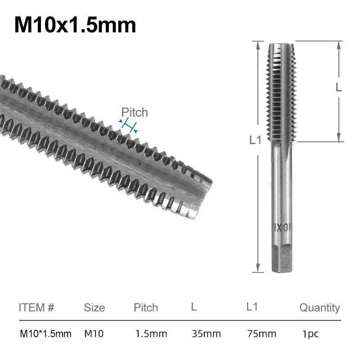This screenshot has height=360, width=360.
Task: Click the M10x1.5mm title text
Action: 75,25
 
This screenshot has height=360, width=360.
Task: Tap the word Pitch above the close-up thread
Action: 135,112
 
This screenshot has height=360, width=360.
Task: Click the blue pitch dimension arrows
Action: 128,126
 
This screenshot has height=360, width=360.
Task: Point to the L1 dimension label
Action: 255,140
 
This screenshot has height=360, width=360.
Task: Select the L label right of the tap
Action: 339,87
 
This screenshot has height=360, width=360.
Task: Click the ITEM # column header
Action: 36,308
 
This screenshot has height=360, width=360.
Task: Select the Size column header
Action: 94,308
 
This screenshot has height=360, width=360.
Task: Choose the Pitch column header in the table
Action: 146,308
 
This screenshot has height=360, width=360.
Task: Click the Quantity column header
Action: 319,308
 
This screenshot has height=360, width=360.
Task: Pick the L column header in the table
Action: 193,307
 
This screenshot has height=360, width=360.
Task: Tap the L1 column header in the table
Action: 252,307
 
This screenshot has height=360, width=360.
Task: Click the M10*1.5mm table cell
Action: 45,334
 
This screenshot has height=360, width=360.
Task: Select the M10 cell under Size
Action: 94,334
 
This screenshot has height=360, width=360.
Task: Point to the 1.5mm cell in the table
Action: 151,334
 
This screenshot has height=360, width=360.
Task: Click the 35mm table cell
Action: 206,334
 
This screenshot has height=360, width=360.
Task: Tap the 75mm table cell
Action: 261,334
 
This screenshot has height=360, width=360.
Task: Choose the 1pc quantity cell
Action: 311,334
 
